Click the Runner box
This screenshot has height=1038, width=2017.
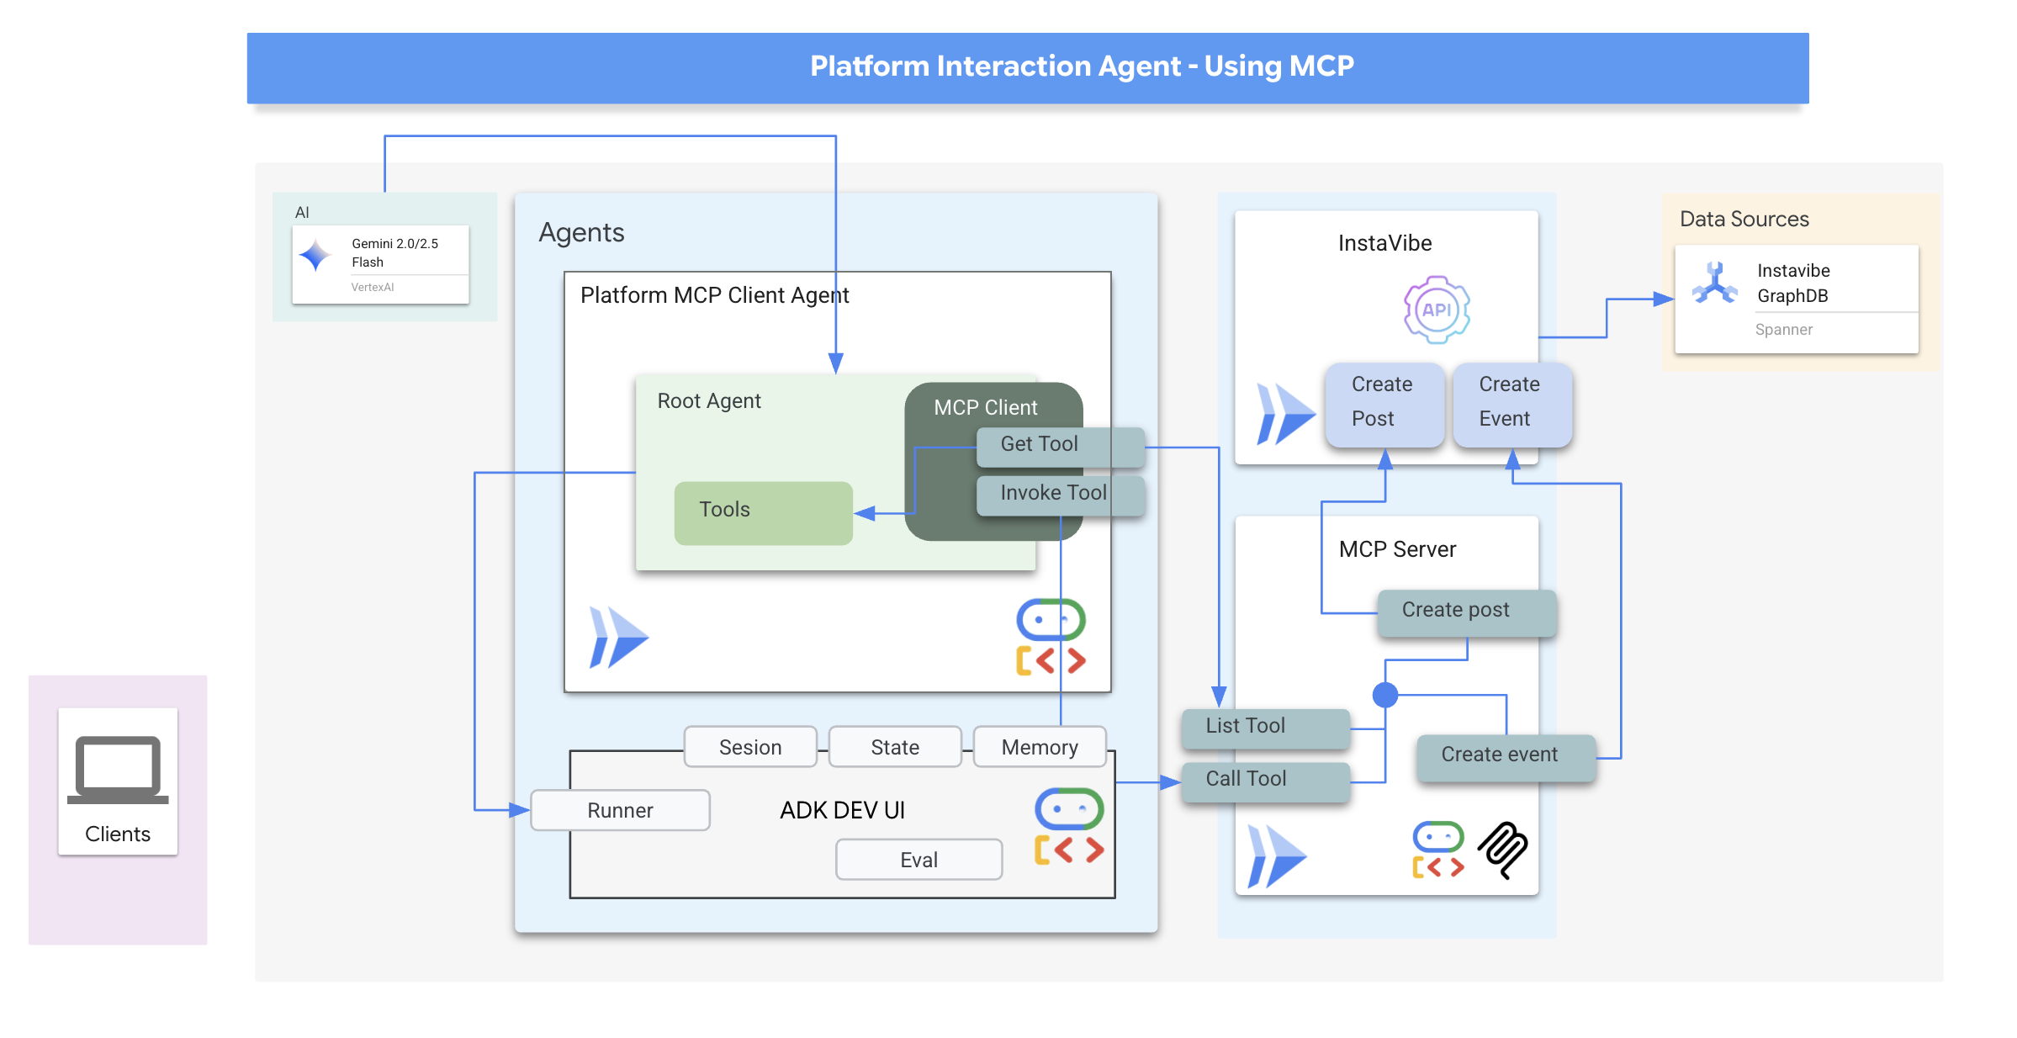pos(620,810)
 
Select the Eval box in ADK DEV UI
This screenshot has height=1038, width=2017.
pos(919,860)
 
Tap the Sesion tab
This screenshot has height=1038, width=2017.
pos(750,747)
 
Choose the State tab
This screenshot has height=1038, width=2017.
pos(895,747)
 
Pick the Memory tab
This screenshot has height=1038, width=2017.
pos(1040,747)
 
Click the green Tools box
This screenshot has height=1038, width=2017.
pos(763,512)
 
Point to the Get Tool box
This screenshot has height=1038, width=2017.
pos(1060,446)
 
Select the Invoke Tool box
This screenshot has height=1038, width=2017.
pos(1060,495)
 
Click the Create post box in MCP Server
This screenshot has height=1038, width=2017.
pos(1466,612)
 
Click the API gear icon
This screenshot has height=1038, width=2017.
pos(1437,310)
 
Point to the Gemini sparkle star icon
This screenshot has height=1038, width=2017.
pos(316,256)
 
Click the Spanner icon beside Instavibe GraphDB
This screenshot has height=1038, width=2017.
pos(1714,283)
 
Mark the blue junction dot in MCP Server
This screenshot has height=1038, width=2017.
pos(1385,695)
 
